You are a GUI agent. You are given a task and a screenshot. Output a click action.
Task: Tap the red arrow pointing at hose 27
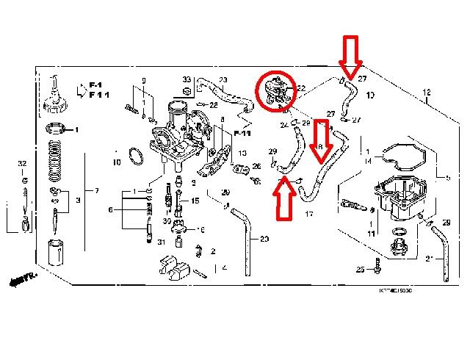(x=350, y=57)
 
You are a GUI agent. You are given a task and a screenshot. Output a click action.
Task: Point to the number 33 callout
(x=187, y=79)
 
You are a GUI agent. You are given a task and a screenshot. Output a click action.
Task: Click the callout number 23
(x=223, y=79)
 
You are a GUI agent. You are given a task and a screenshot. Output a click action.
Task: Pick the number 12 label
(x=427, y=93)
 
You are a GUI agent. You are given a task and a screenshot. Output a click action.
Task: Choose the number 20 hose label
(x=264, y=239)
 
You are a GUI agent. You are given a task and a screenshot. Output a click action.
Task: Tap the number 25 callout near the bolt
(x=360, y=270)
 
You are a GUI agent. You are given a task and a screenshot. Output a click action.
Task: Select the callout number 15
(x=195, y=201)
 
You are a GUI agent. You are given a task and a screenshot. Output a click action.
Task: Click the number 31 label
(x=161, y=242)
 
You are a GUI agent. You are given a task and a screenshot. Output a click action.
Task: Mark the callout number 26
(x=256, y=166)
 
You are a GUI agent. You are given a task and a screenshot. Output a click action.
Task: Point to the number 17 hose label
(x=308, y=214)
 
